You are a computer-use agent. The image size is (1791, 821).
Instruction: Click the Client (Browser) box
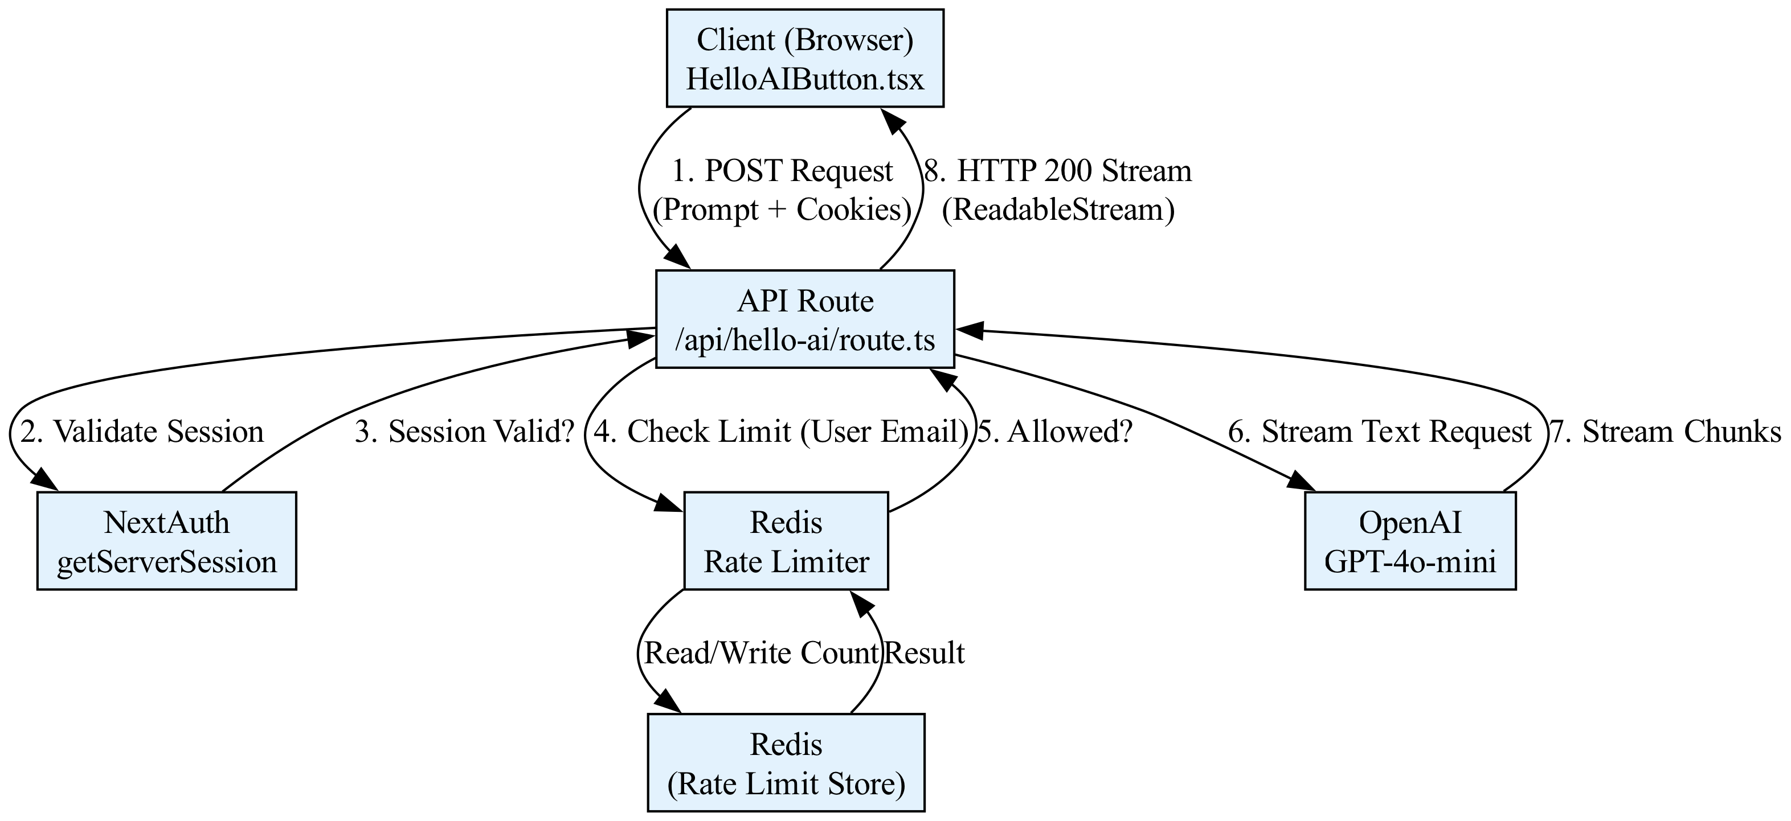pyautogui.click(x=804, y=59)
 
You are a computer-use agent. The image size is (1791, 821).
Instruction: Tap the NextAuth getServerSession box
pyautogui.click(x=166, y=541)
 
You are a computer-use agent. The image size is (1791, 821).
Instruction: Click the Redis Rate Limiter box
pyautogui.click(x=786, y=541)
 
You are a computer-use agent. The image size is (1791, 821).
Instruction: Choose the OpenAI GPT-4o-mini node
pyautogui.click(x=1410, y=541)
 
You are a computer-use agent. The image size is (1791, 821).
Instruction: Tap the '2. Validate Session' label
pyautogui.click(x=142, y=432)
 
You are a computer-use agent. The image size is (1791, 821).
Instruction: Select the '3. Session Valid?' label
pyautogui.click(x=464, y=432)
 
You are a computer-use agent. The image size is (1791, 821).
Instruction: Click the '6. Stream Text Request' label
pyautogui.click(x=1379, y=432)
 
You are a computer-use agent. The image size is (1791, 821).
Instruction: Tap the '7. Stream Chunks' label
pyautogui.click(x=1665, y=432)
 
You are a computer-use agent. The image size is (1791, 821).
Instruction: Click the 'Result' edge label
pyautogui.click(x=925, y=654)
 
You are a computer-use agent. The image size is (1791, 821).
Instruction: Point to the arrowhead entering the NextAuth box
pyautogui.click(x=42, y=484)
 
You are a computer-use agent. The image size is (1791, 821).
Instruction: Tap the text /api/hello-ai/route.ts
pyautogui.click(x=804, y=340)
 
